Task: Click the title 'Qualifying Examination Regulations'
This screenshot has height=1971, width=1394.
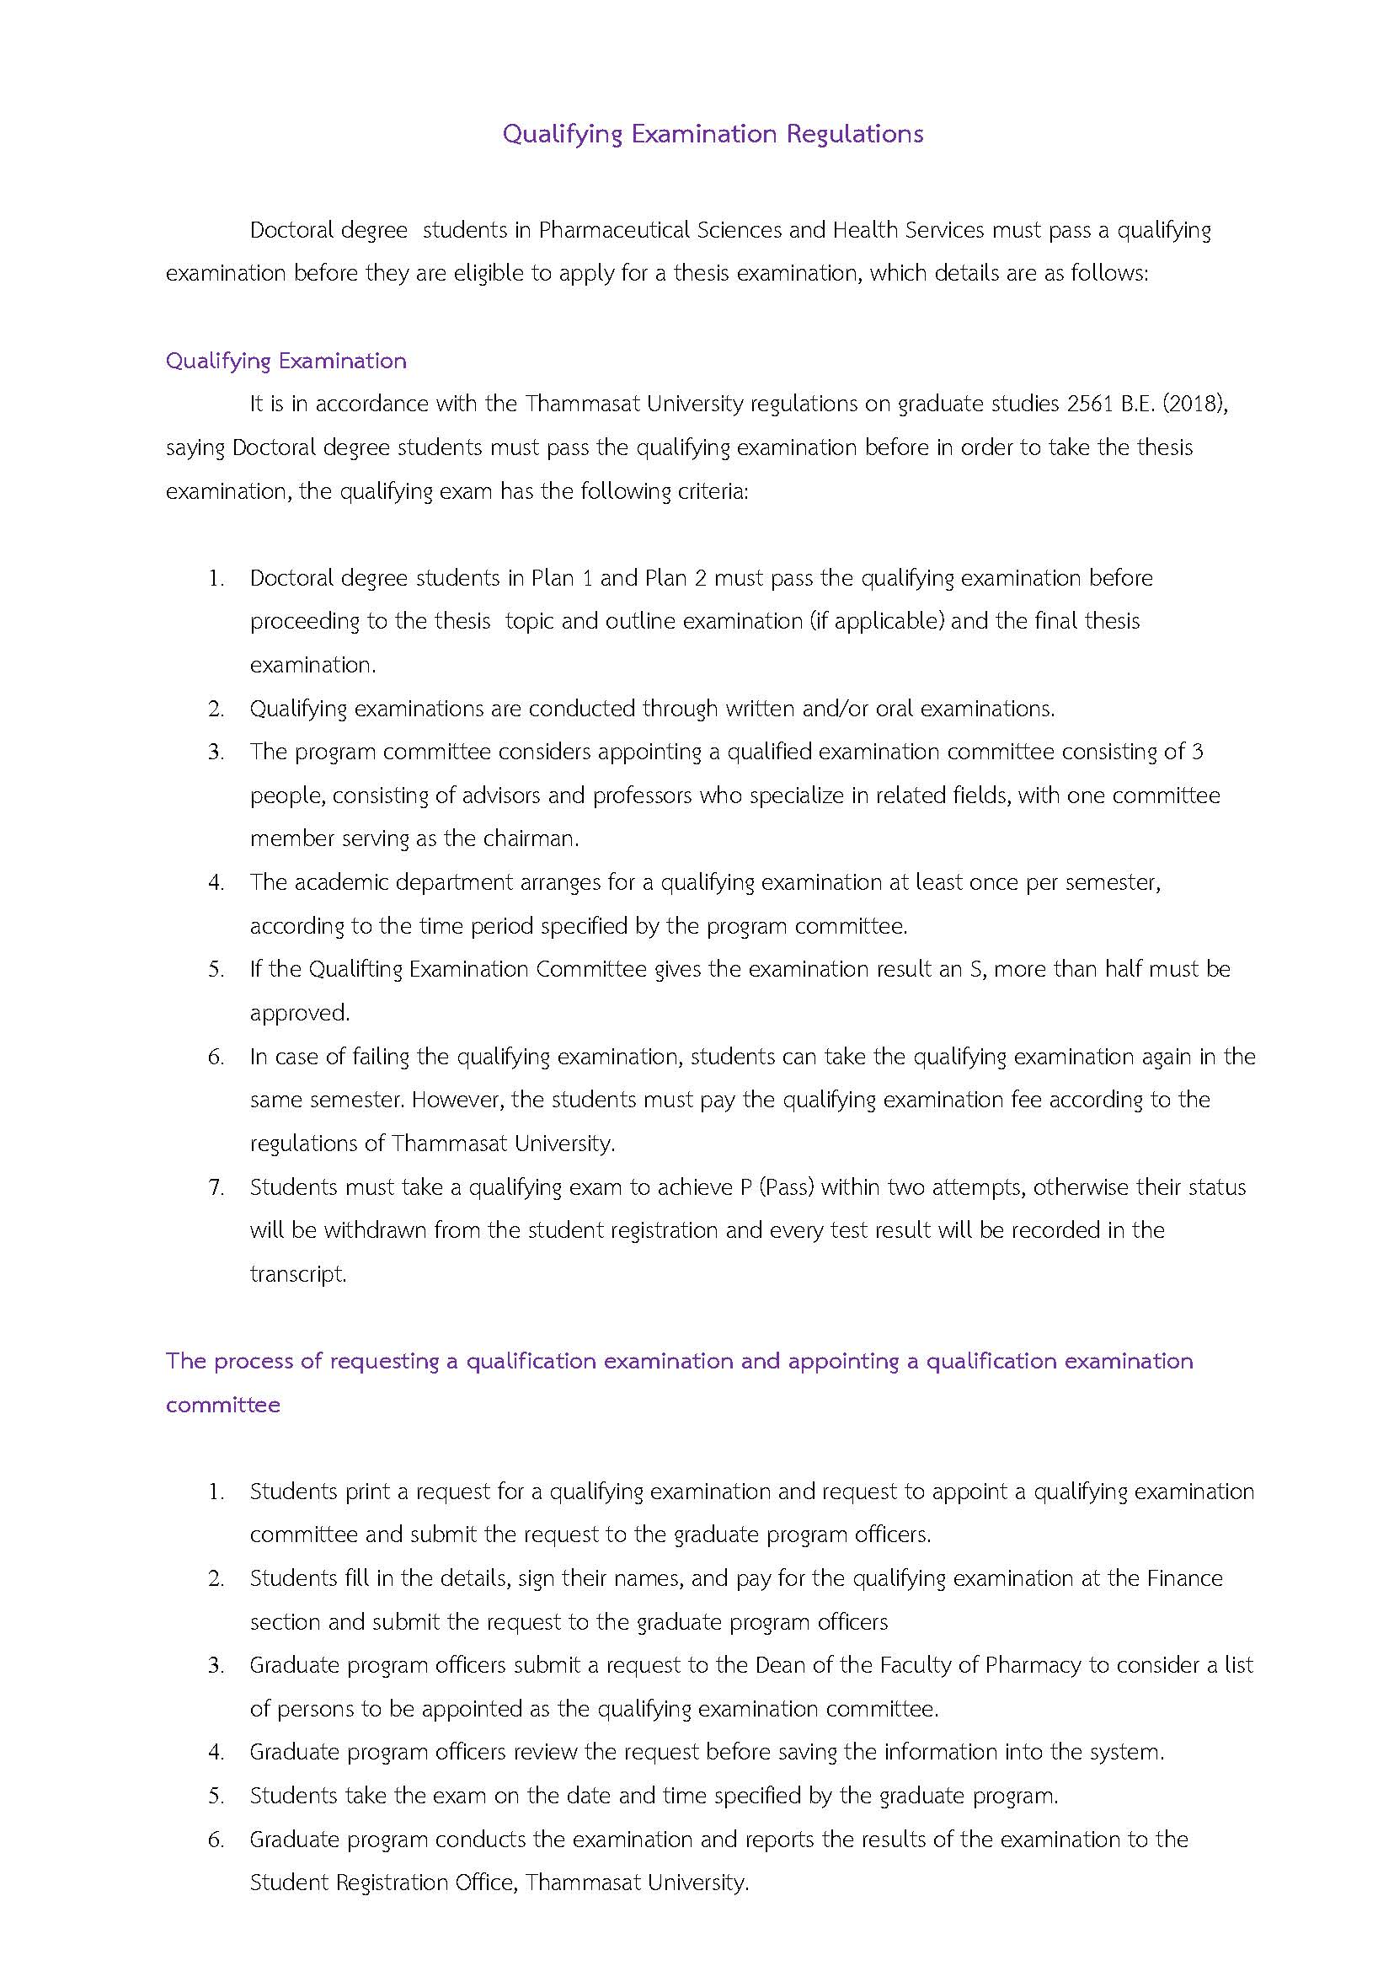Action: (x=713, y=134)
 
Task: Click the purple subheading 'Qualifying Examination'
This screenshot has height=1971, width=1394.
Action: (x=286, y=361)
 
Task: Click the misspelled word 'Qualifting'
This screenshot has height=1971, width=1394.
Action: (x=355, y=969)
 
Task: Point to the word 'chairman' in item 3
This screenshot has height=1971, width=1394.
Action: (x=533, y=838)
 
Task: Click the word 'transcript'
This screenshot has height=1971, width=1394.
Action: (x=297, y=1273)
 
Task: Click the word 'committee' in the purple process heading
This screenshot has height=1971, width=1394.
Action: (x=223, y=1405)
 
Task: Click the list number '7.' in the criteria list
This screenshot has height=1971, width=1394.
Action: (x=216, y=1186)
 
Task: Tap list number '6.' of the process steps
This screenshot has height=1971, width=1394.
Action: (x=216, y=1840)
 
